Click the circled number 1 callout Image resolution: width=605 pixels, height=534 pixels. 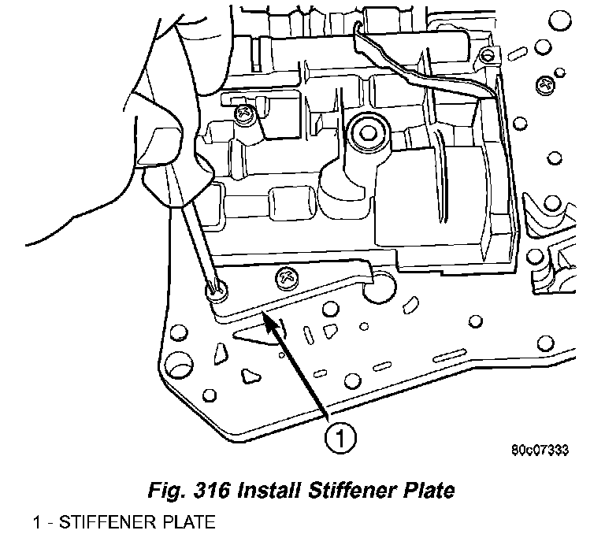(337, 436)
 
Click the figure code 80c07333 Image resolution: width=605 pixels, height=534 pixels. (540, 451)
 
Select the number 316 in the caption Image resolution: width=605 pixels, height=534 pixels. (210, 491)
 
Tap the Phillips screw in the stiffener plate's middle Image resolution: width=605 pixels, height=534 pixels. (284, 276)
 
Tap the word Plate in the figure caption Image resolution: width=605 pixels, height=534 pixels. (425, 491)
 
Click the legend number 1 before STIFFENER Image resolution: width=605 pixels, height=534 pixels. (37, 522)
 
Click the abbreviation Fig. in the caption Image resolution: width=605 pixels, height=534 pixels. (167, 491)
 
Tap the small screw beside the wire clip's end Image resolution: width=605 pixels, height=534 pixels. (489, 56)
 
